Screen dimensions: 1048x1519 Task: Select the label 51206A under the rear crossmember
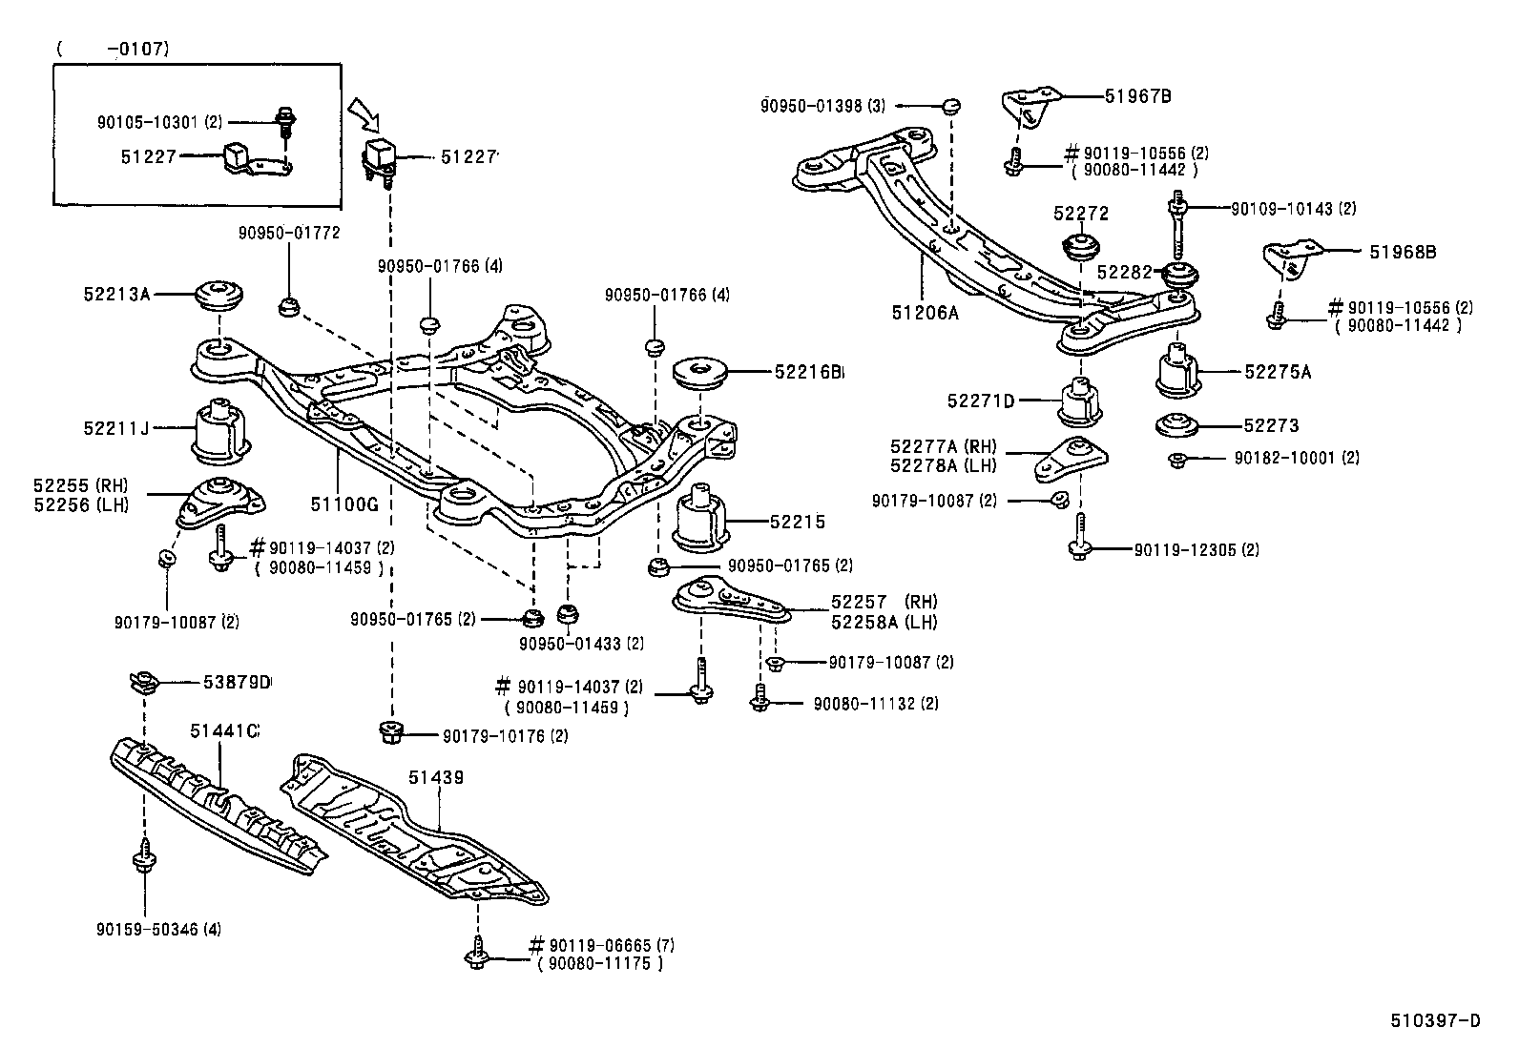tap(925, 311)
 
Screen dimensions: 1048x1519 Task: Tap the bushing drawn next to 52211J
tap(220, 427)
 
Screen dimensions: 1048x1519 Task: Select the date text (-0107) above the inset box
tap(113, 48)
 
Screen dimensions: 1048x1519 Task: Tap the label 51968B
tap(1403, 253)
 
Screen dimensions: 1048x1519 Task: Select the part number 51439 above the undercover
tap(436, 777)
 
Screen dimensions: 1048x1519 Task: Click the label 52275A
tap(1277, 373)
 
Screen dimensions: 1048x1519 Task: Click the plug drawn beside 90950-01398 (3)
tap(951, 106)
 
